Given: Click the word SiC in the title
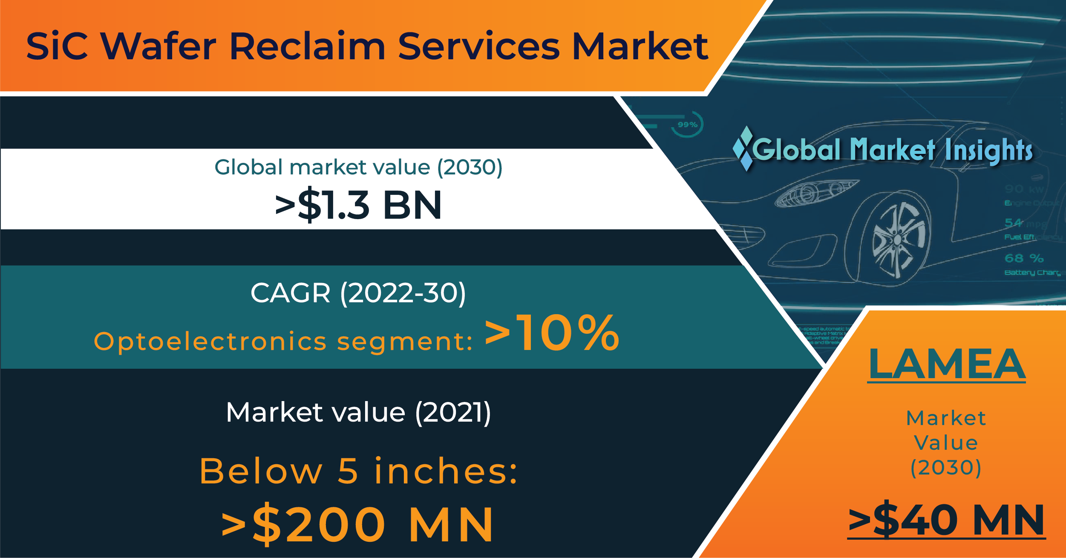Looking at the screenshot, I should (x=57, y=46).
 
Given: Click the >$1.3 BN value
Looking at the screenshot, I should (x=358, y=205).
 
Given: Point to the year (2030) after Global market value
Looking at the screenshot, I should (x=470, y=167).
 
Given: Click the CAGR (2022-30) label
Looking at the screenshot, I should (x=358, y=293).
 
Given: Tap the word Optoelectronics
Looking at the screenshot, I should (x=210, y=341).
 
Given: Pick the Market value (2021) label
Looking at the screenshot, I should (x=358, y=413).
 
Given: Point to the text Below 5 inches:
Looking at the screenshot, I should (x=358, y=471).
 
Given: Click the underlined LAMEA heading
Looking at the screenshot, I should (x=947, y=364).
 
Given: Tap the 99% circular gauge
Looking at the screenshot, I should (x=687, y=124).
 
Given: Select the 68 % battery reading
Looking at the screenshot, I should (x=1024, y=258).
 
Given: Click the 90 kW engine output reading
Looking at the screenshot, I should (x=1024, y=189).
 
